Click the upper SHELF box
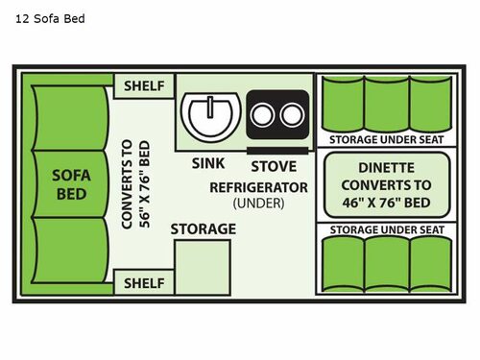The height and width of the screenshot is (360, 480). (x=144, y=85)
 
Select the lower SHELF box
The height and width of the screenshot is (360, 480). (x=144, y=283)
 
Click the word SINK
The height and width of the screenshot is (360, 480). (x=207, y=163)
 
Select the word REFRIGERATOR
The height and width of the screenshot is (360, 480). (x=258, y=186)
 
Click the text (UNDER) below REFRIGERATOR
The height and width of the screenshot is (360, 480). (x=258, y=204)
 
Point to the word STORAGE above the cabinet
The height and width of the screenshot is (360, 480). (x=203, y=228)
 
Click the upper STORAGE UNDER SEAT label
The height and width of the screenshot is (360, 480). (x=386, y=139)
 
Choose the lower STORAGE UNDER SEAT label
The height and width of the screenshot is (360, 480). (x=386, y=229)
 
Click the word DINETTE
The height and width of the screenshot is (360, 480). (x=387, y=166)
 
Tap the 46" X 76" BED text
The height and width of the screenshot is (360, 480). (x=387, y=203)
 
